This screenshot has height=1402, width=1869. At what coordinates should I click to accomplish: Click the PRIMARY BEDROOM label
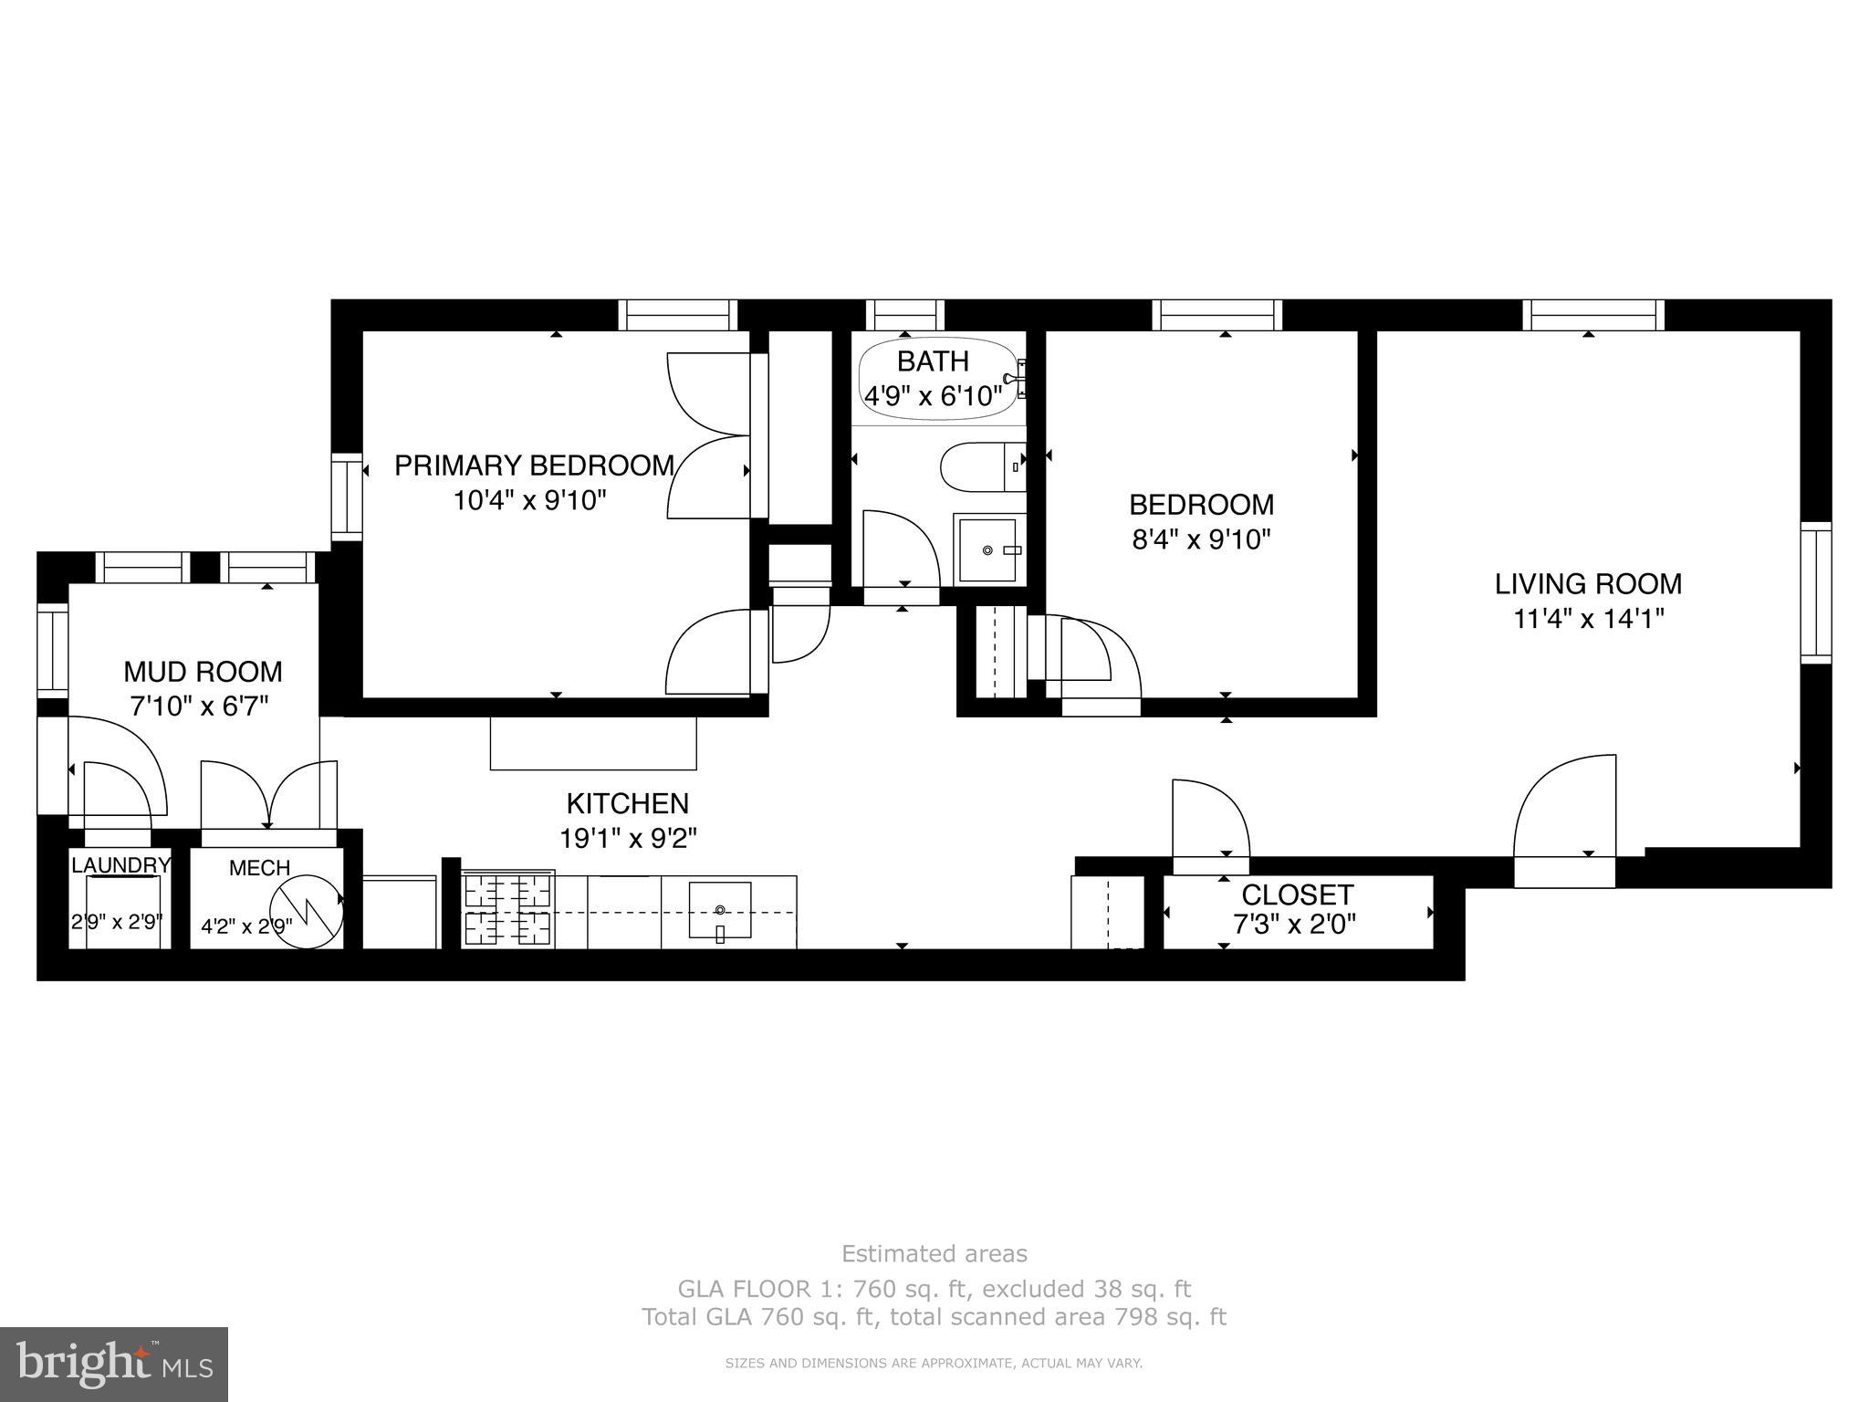(x=534, y=466)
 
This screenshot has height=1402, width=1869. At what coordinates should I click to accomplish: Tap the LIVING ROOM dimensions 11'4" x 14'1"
(x=1589, y=620)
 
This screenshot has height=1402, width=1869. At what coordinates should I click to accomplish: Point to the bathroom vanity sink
(x=988, y=550)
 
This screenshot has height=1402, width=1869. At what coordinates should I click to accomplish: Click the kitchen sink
(x=720, y=910)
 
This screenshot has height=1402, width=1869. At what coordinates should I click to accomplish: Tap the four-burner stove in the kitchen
(x=508, y=909)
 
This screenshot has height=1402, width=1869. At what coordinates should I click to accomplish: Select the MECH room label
(x=259, y=868)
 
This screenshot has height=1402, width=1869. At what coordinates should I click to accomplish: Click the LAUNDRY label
(x=120, y=865)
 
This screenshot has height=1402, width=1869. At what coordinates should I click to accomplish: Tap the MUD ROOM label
(x=203, y=672)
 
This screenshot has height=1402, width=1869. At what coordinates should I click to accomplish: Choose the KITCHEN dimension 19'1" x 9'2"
(x=628, y=839)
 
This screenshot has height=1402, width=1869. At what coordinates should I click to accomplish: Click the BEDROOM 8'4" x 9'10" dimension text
(x=1201, y=540)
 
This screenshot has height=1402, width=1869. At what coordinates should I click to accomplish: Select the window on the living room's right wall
(x=1815, y=592)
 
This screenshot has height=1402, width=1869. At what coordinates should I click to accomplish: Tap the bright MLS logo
(x=114, y=1364)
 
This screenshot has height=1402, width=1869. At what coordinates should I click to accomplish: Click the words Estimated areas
(x=934, y=1254)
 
